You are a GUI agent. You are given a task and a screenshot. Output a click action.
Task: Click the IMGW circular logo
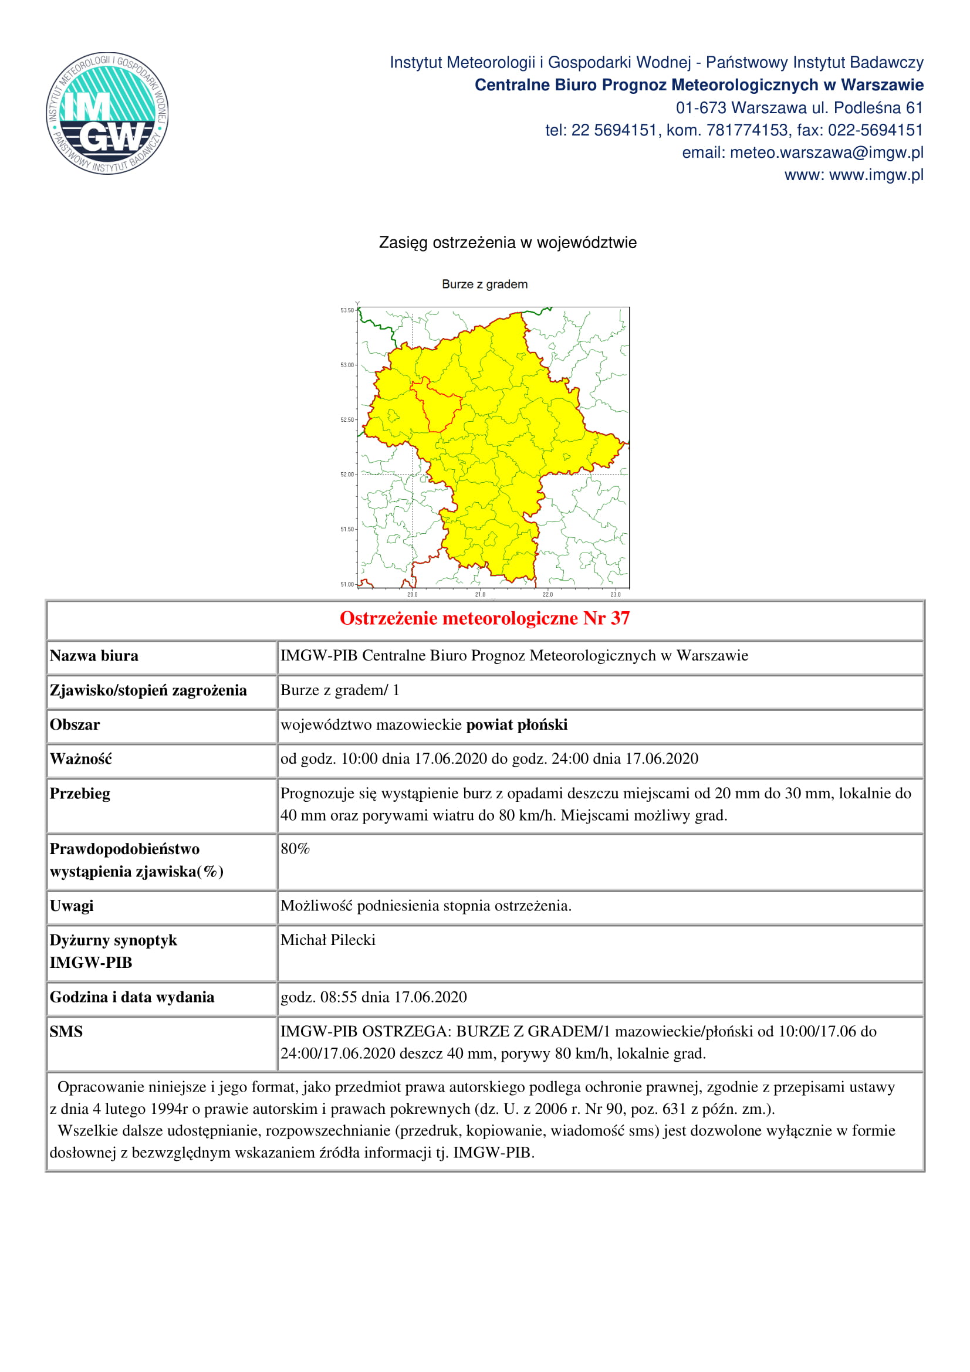107,113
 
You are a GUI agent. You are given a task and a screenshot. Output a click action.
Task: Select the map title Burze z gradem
485,284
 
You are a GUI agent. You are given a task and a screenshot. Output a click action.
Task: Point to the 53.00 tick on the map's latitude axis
347,365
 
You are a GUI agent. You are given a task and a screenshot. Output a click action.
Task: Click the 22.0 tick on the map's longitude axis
547,595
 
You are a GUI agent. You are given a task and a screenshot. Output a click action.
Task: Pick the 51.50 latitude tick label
347,530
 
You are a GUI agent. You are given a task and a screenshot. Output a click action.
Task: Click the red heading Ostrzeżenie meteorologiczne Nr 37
485,618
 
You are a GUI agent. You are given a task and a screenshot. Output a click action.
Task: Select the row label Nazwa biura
94,656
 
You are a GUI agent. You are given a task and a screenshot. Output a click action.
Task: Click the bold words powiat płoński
516,725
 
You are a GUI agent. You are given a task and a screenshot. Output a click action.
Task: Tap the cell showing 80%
295,849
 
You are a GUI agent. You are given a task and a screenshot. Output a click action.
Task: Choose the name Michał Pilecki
328,940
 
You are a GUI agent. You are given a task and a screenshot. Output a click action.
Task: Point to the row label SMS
66,1031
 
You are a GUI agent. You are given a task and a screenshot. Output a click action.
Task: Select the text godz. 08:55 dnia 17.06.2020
374,997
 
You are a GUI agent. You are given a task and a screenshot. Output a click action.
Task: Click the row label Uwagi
72,906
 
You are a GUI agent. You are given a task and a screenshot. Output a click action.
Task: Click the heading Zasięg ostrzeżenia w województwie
508,243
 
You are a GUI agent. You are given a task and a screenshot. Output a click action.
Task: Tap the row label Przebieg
80,794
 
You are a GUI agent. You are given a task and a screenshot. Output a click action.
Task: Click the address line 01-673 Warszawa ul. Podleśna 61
799,108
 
